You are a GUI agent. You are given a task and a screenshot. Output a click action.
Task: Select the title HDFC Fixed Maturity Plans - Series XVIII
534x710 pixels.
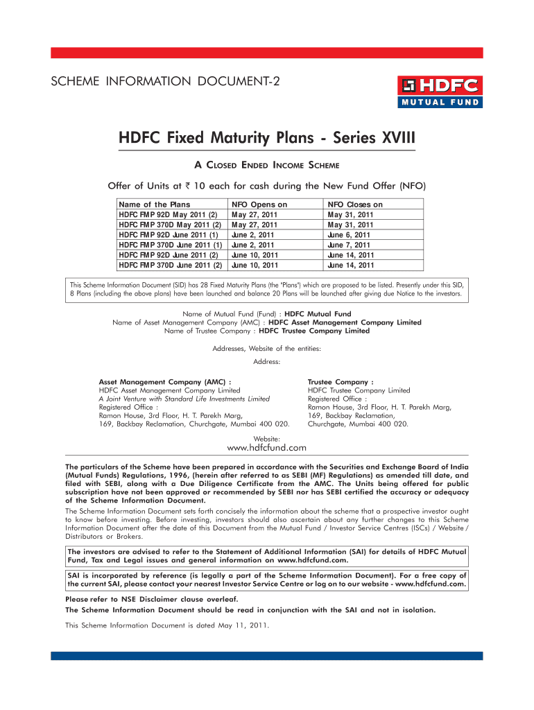(x=267, y=138)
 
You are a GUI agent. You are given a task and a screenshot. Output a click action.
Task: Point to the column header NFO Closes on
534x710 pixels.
(x=354, y=205)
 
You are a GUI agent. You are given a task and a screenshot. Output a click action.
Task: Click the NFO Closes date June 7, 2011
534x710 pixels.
(x=350, y=245)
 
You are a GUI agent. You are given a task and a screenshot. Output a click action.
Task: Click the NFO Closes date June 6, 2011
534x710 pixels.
(x=350, y=235)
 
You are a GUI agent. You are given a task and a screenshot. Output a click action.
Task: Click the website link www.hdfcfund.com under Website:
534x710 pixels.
(x=267, y=449)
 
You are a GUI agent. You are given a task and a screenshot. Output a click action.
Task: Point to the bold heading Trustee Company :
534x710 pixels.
(x=341, y=381)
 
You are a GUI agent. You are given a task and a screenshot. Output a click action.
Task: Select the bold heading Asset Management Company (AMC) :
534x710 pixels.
(x=165, y=381)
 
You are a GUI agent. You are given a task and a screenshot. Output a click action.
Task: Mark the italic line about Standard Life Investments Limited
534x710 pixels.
(x=184, y=399)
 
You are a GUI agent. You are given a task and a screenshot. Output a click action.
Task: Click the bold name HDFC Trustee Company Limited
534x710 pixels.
(x=314, y=331)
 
